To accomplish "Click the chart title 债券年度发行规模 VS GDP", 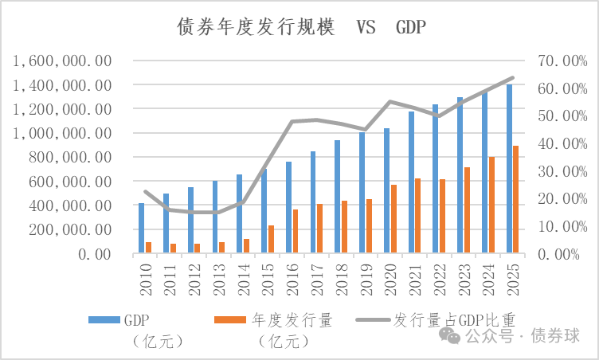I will pos(301,29).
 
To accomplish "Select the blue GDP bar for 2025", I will pos(508,169).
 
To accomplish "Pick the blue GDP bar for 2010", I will pos(141,229).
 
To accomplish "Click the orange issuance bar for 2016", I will pos(296,232).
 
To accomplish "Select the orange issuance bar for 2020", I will pos(393,219).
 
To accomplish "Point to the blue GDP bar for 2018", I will pos(337,197).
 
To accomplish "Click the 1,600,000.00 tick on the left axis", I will pos(62,61).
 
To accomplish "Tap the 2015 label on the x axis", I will pos(267,276).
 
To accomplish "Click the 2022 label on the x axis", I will pos(438,276).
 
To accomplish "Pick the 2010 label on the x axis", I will pos(144,276).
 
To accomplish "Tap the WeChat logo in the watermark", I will pos(449,335).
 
